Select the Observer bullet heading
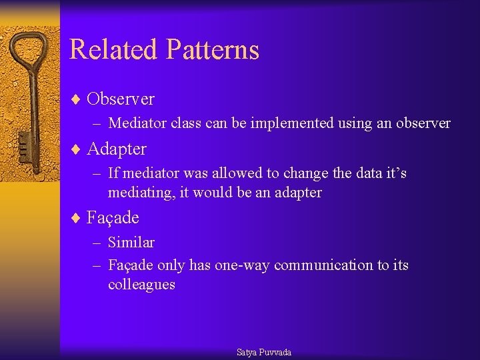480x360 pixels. (x=121, y=99)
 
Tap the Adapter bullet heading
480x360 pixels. (x=117, y=149)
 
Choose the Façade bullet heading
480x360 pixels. (x=113, y=218)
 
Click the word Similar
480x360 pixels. (x=131, y=242)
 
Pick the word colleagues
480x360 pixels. (x=141, y=285)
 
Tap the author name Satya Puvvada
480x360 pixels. (x=264, y=352)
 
